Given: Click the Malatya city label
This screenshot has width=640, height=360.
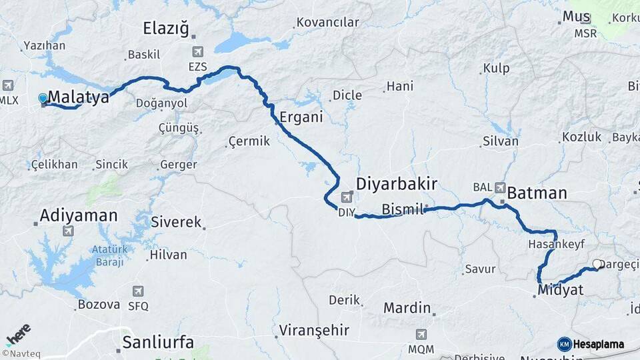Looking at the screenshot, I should click(x=79, y=97).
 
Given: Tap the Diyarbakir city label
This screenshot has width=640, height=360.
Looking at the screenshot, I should click(x=397, y=184).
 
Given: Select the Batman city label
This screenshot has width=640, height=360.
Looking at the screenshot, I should click(x=537, y=193).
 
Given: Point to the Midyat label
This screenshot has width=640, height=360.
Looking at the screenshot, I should click(x=560, y=290).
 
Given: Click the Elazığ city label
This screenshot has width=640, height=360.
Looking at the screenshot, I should click(x=167, y=28).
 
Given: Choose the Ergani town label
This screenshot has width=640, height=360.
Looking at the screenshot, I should click(x=301, y=117).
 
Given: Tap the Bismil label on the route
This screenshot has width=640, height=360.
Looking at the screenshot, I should click(x=402, y=210).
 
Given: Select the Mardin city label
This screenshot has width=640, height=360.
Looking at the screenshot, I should click(x=407, y=308).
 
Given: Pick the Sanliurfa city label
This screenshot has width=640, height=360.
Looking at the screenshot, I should click(x=158, y=343).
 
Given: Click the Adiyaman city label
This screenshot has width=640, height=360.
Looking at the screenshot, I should click(x=78, y=215).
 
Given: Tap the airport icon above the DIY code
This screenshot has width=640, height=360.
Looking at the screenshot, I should click(x=347, y=197).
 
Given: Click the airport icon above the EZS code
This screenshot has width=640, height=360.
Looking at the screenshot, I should click(x=197, y=52).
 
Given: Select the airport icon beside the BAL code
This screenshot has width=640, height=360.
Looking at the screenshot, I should click(x=499, y=187).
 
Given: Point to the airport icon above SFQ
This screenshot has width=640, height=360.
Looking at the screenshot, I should click(x=138, y=291).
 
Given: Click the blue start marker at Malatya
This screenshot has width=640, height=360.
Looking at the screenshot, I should click(x=43, y=99).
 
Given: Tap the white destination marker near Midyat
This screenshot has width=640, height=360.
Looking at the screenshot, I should click(x=597, y=265).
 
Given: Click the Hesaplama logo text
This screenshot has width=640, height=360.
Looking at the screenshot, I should click(x=599, y=344).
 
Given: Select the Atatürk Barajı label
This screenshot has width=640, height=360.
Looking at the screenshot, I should click(x=109, y=255).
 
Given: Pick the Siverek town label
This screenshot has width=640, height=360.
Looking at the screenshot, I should click(x=176, y=222).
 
